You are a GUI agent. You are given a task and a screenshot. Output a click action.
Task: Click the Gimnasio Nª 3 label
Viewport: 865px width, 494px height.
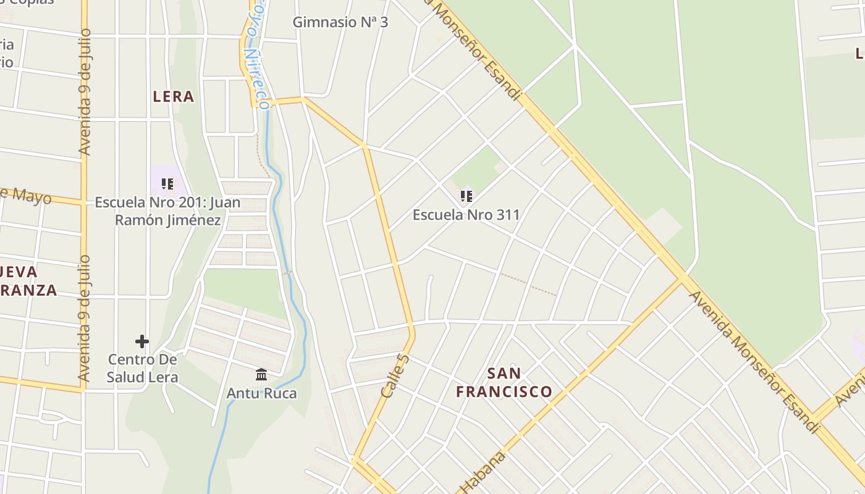pyautogui.click(x=340, y=22)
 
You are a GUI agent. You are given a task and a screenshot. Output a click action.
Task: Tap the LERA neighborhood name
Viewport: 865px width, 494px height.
pyautogui.click(x=174, y=96)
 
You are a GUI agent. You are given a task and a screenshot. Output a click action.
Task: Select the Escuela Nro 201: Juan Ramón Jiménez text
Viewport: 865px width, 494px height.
pyautogui.click(x=167, y=211)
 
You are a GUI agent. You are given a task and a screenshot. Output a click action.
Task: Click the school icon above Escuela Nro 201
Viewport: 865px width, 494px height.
pyautogui.click(x=167, y=184)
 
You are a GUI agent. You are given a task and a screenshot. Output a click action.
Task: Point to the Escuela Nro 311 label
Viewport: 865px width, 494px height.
pyautogui.click(x=466, y=215)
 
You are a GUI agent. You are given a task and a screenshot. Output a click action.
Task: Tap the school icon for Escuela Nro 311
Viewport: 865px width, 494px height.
pyautogui.click(x=466, y=196)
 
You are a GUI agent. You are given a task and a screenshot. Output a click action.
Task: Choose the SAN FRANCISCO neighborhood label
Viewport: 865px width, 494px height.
pyautogui.click(x=504, y=382)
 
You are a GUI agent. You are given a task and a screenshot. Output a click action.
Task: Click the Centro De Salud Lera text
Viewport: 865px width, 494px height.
pyautogui.click(x=142, y=368)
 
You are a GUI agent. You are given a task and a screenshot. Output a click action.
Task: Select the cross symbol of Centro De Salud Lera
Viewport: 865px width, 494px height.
pyautogui.click(x=142, y=341)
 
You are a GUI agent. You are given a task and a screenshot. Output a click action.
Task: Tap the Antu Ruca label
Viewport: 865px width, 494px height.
pyautogui.click(x=261, y=393)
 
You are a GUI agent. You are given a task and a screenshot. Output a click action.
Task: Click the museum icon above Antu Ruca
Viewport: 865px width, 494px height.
pyautogui.click(x=261, y=374)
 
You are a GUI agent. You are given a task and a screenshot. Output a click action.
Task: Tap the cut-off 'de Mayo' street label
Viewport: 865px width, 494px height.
pyautogui.click(x=25, y=194)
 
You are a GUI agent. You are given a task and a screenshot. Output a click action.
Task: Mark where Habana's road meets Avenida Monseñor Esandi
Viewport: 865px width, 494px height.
pyautogui.click(x=682, y=280)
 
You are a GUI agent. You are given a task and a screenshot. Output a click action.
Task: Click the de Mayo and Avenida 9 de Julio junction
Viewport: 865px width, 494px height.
pyautogui.click(x=83, y=201)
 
